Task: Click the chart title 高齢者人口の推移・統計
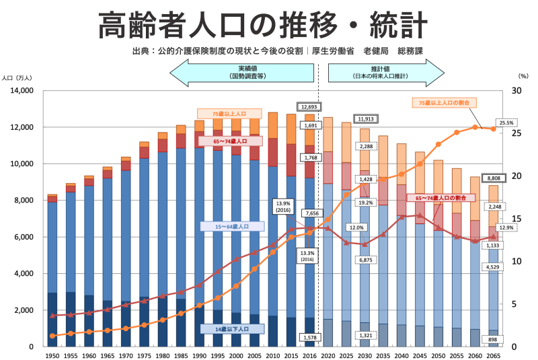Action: coord(263,26)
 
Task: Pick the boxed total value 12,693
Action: coord(309,107)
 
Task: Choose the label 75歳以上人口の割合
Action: coord(444,102)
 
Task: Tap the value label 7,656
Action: coord(311,213)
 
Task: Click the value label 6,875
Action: coord(366,259)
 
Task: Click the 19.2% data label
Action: coord(366,203)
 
